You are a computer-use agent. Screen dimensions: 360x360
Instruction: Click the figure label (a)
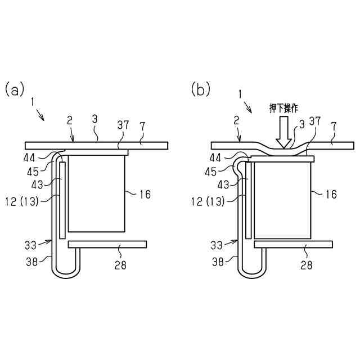point(15,89)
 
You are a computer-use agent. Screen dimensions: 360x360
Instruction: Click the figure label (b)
point(201,89)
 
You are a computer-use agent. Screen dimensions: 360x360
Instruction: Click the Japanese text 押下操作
point(284,107)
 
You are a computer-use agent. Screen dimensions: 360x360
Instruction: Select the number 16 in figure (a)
point(145,194)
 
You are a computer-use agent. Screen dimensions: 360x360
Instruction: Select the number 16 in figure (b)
point(331,194)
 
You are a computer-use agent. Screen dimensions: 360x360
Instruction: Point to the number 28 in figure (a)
point(120,264)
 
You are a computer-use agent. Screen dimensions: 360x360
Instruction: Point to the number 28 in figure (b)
point(307,264)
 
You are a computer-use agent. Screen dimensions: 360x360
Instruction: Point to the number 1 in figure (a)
point(33,102)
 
